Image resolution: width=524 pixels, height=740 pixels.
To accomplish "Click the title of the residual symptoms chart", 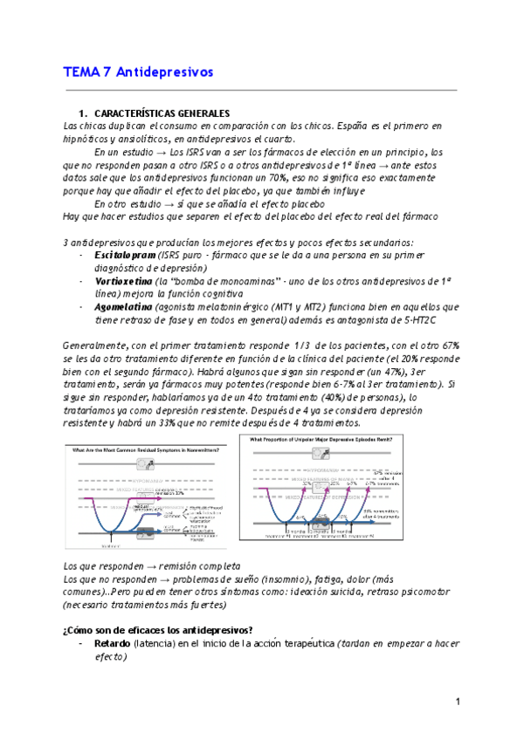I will tap(148, 449).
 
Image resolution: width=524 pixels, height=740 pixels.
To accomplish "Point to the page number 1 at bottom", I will tap(457, 702).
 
